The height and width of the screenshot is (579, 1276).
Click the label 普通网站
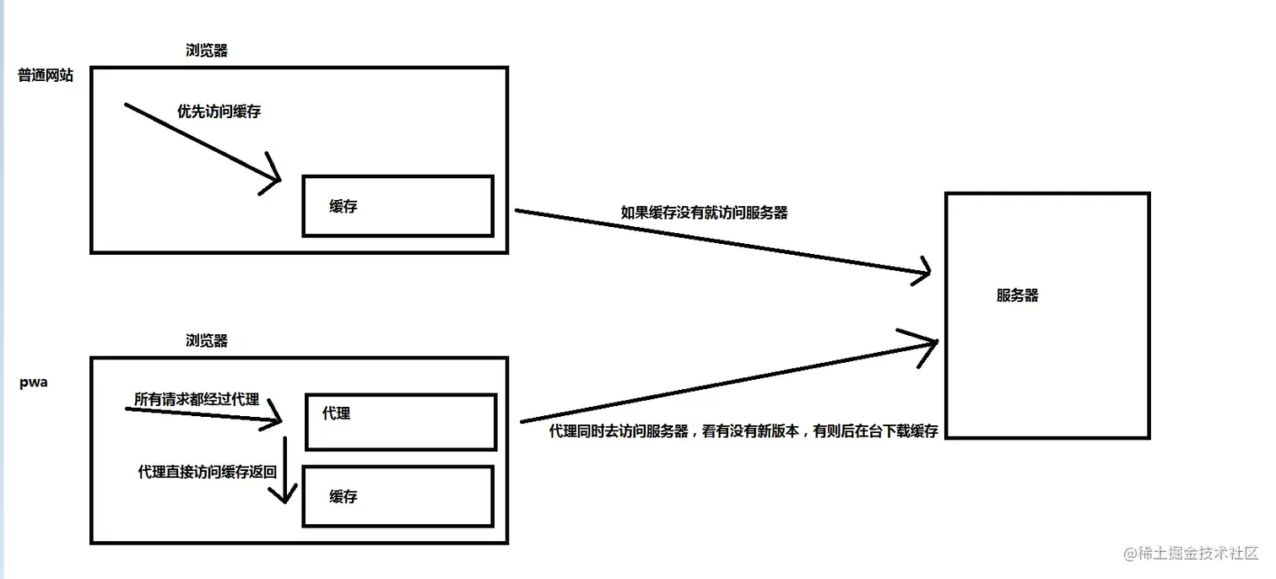[x=46, y=76]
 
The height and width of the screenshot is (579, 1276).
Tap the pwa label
[x=34, y=382]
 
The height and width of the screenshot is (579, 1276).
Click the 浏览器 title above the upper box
[x=207, y=51]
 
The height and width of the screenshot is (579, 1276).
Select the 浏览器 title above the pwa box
[x=207, y=341]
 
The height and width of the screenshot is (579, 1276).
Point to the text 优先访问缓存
[x=219, y=111]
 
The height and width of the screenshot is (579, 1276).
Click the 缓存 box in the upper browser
[x=397, y=206]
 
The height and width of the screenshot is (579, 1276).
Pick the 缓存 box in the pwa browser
[x=397, y=496]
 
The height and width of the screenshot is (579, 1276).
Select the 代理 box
[x=400, y=421]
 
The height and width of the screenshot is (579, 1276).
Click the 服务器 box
[x=1046, y=316]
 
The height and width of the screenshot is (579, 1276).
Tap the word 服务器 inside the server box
[x=1017, y=295]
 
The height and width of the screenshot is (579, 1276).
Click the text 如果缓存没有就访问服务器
[x=704, y=213]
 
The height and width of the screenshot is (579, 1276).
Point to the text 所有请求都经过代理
[x=197, y=399]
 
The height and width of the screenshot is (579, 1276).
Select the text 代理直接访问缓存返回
[x=207, y=472]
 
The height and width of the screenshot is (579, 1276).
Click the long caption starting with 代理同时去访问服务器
[x=743, y=431]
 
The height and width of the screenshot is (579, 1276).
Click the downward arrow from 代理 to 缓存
[x=286, y=473]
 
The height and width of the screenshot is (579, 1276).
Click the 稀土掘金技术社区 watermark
[x=1191, y=554]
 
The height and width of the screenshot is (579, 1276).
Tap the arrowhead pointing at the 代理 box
[x=275, y=414]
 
